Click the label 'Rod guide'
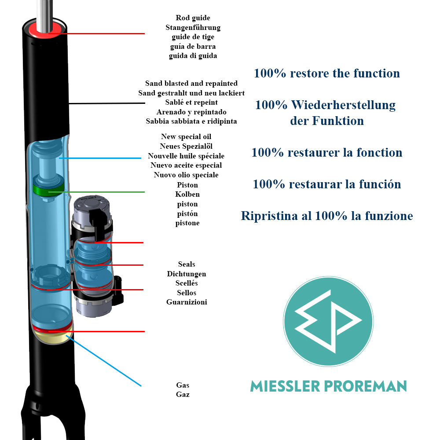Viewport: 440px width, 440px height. coord(193,18)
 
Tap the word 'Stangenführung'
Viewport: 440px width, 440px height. coord(193,28)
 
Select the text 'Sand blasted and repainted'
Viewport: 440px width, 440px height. coord(191,83)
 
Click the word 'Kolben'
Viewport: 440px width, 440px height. coord(187,194)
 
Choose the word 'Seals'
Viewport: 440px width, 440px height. coord(187,264)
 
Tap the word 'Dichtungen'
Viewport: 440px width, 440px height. coord(187,274)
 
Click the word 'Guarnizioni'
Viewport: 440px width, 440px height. coord(187,302)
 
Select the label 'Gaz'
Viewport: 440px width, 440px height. coord(183,395)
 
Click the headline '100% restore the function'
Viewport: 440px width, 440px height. coord(327,73)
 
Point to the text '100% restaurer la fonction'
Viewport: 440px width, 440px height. coord(327,153)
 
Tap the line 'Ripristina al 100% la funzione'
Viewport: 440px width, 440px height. coord(327,216)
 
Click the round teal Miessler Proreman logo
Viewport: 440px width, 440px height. coord(328,321)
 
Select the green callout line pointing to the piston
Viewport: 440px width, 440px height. coord(106,192)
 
